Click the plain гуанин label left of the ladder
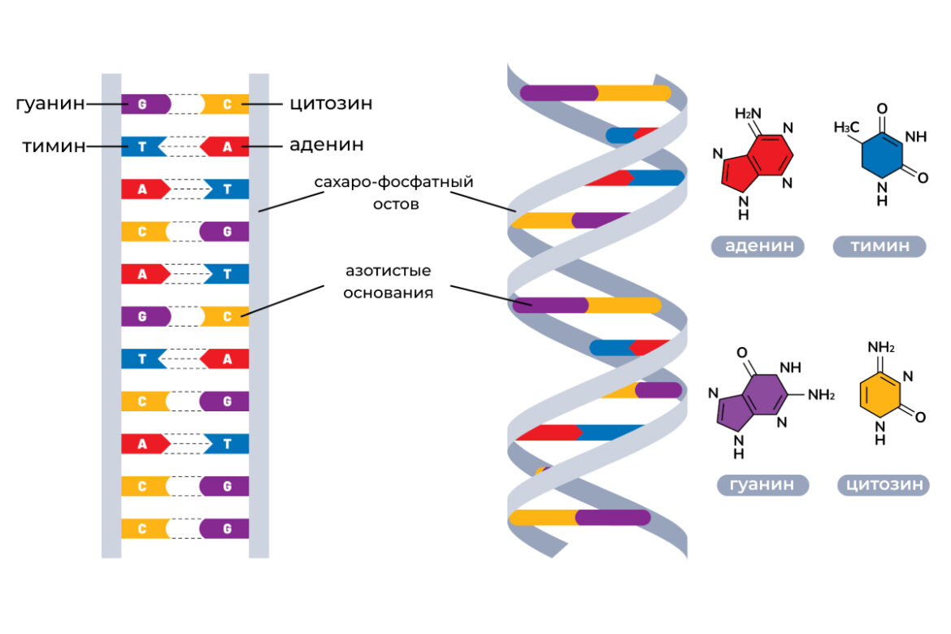coord(50,104)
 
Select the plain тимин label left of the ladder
coord(54,146)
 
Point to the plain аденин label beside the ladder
coord(326,146)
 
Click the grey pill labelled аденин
coord(758,247)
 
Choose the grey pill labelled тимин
coord(879,247)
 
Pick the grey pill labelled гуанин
coord(762,485)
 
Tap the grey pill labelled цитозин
coord(884,485)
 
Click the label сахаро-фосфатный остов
coord(394,192)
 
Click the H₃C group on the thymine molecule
coord(847,128)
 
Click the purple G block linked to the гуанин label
coord(145,104)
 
